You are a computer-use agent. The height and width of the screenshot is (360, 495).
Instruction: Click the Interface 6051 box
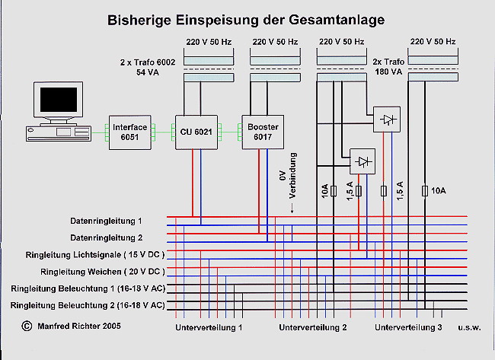(x=130, y=132)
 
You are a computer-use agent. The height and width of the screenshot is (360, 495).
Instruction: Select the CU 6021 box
(x=196, y=132)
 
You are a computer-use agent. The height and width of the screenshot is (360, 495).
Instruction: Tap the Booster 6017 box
(x=263, y=132)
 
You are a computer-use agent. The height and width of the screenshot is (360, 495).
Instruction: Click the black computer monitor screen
(x=59, y=100)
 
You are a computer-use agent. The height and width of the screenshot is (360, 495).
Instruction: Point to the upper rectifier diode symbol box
(x=387, y=119)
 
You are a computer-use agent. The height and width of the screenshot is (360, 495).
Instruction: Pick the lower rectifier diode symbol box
(x=362, y=161)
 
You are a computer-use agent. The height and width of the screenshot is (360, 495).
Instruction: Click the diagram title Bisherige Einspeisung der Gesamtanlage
(x=246, y=21)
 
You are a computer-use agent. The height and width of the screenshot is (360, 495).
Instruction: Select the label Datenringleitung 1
(x=106, y=221)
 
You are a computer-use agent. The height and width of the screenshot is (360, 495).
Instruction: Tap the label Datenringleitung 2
(x=107, y=237)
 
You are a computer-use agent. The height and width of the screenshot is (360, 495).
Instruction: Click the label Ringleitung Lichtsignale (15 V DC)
(x=95, y=255)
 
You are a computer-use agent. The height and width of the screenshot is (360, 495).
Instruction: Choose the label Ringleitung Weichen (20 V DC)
(x=103, y=272)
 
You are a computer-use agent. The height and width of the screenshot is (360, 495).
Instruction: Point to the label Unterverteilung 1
(x=209, y=327)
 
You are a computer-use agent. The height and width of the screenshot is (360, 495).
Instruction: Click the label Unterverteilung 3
(x=408, y=327)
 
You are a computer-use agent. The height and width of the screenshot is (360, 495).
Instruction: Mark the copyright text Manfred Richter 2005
(x=72, y=326)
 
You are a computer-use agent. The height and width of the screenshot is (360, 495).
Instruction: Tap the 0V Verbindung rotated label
(x=288, y=176)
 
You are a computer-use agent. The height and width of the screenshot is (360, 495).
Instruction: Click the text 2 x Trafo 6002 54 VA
(x=148, y=67)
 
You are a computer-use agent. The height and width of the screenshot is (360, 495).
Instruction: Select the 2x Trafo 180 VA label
(x=388, y=66)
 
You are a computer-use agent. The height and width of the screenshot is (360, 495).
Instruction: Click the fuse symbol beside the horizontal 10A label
(x=425, y=191)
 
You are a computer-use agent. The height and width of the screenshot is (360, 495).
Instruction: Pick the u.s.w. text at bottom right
(x=469, y=327)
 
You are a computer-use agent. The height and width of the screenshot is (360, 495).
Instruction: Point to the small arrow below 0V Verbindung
(x=292, y=208)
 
